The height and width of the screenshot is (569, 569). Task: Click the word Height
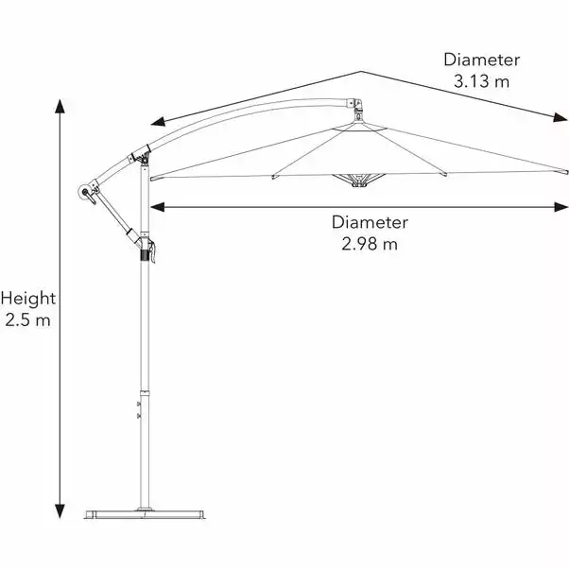tap(28, 299)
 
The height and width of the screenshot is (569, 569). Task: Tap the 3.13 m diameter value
tap(481, 80)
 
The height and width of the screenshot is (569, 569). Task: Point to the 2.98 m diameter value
tap(370, 244)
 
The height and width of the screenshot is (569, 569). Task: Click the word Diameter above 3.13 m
tap(482, 59)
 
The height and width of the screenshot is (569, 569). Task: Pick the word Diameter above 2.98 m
tap(370, 223)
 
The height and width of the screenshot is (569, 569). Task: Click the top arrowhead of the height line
tap(62, 102)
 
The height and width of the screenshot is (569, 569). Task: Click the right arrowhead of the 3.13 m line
tap(560, 119)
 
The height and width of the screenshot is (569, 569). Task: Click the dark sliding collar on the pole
tap(146, 250)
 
